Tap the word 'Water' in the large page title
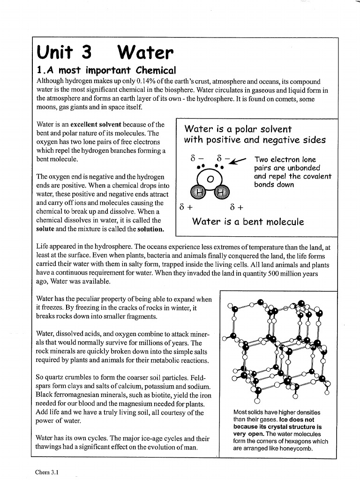coord(145,52)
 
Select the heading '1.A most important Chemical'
coord(106,70)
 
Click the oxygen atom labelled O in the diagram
coord(210,179)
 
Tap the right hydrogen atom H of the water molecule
coord(221,192)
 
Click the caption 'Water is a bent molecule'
coord(248,222)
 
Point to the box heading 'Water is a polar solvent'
coord(238,129)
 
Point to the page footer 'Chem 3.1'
coord(47,472)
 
